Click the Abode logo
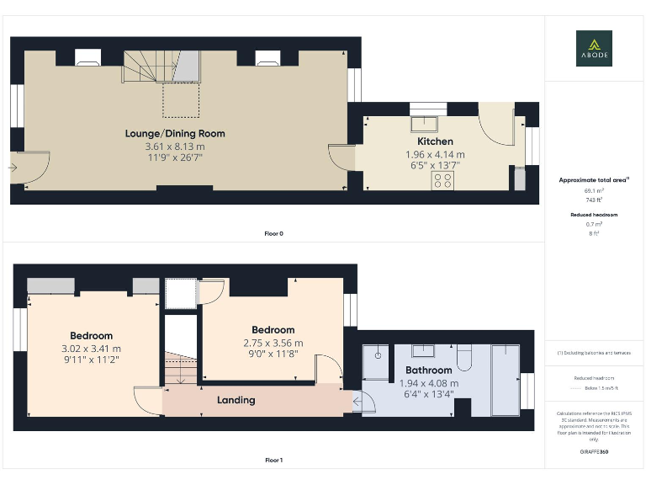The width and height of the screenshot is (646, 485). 594,48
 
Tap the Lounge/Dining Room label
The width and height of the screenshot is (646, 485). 175,133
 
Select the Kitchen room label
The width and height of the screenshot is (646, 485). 435,141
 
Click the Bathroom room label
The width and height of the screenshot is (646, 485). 429,370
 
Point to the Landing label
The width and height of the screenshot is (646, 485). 236,400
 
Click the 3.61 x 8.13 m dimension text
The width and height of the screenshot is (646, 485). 175,146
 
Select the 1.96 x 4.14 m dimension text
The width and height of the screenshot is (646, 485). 435,154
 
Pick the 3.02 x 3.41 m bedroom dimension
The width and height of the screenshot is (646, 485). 91,349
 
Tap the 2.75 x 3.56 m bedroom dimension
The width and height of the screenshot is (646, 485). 273,343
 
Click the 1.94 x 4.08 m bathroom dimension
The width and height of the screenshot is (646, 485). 429,382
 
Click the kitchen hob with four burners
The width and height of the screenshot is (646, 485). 442,180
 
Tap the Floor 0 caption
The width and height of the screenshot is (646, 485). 273,233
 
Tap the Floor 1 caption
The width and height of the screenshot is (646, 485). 273,461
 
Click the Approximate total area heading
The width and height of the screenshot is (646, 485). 594,179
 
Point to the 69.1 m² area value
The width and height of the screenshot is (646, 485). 594,191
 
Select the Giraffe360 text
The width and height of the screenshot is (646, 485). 594,452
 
